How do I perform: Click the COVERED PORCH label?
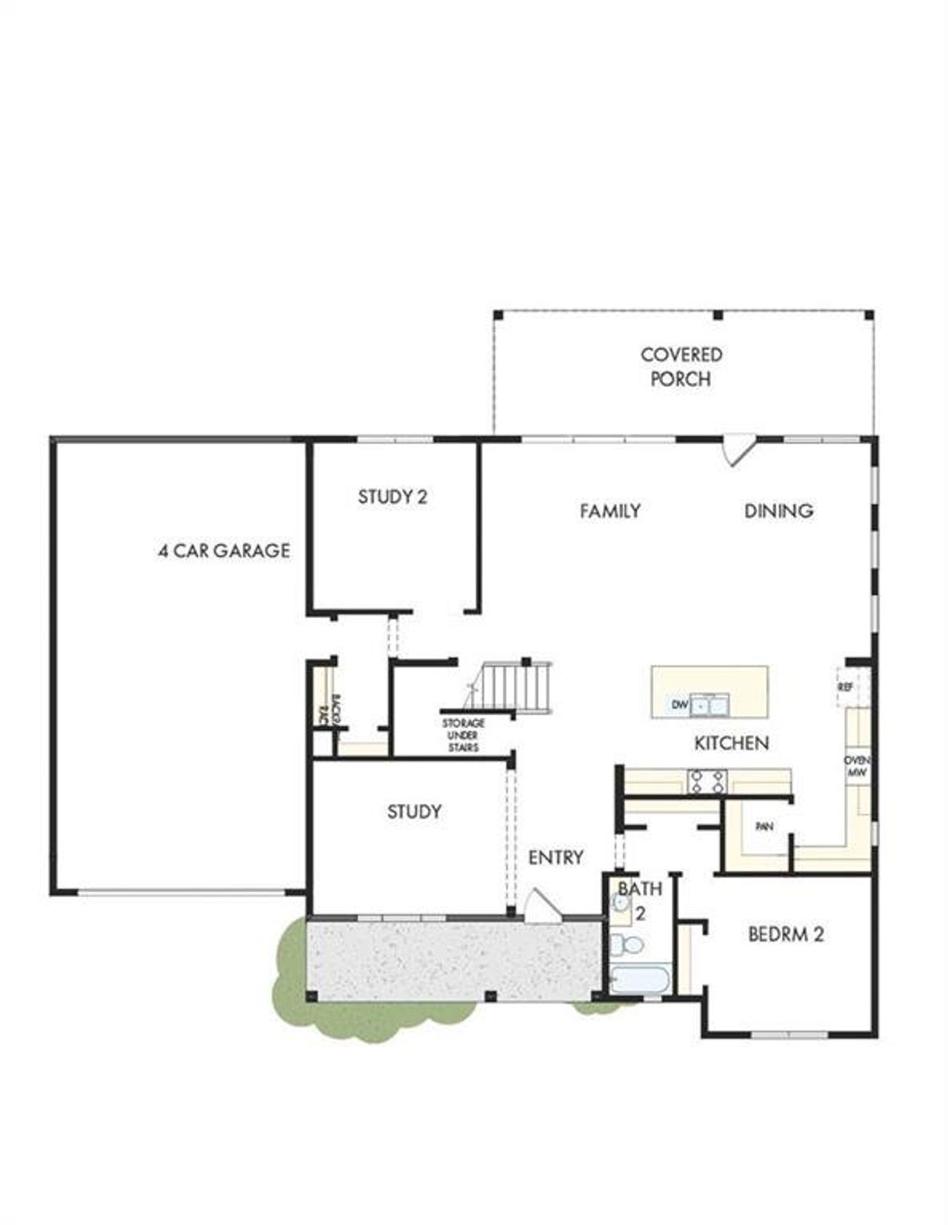[681, 366]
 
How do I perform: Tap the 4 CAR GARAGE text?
[224, 551]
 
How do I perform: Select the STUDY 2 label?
[393, 497]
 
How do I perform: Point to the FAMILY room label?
[610, 511]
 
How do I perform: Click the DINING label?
[778, 511]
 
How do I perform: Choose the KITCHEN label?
[731, 743]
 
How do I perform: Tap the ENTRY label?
[555, 857]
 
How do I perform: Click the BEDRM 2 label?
[786, 934]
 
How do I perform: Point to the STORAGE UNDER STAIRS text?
[464, 735]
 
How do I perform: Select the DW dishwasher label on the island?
[680, 705]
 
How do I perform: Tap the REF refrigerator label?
[845, 687]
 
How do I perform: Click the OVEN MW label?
[857, 766]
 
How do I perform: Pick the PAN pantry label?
[764, 826]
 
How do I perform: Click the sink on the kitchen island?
[710, 705]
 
